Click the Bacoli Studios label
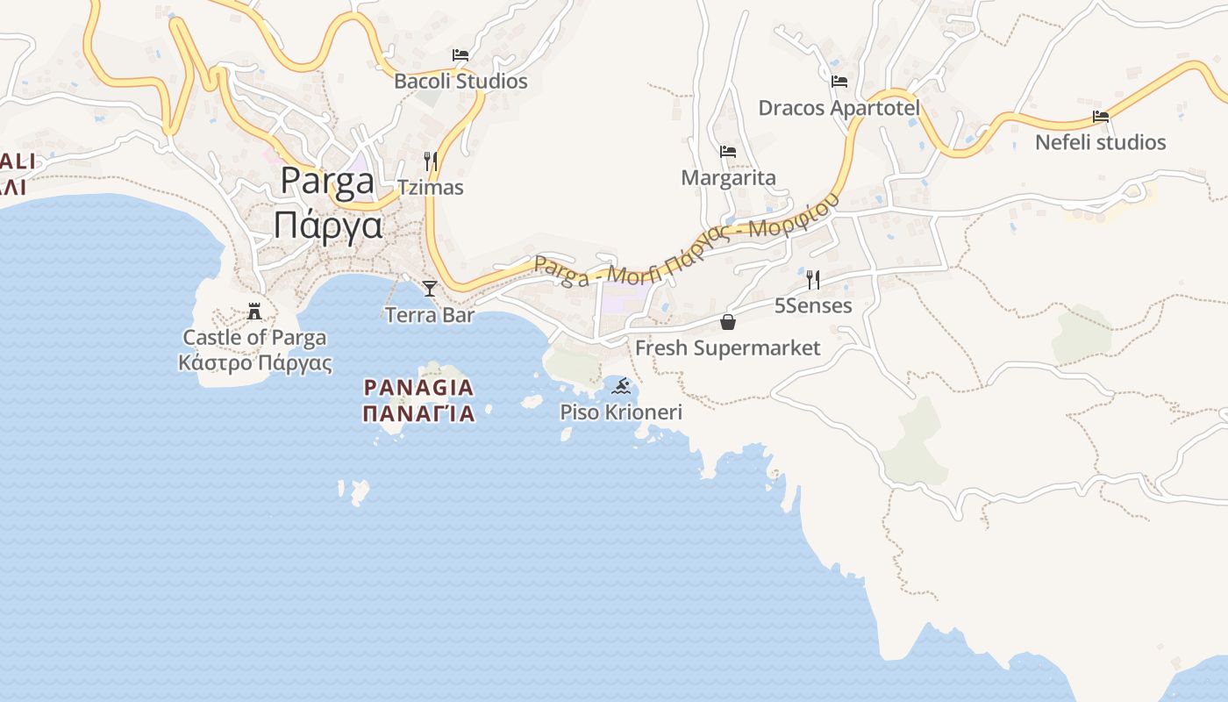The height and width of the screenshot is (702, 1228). click(460, 82)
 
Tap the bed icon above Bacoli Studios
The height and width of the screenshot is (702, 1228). click(460, 55)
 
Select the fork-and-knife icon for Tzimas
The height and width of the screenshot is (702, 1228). click(431, 161)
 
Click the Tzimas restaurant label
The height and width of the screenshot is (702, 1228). click(431, 188)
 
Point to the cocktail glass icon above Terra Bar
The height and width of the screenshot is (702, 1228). click(430, 288)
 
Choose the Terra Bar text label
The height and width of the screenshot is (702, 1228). click(430, 315)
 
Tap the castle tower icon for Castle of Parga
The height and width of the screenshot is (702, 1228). click(254, 312)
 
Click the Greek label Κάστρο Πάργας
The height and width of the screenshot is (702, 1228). click(254, 363)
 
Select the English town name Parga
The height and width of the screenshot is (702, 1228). click(327, 182)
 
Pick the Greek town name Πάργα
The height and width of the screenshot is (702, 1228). click(327, 226)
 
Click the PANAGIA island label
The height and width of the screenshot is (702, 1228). click(418, 387)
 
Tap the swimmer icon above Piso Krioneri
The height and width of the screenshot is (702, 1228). click(621, 386)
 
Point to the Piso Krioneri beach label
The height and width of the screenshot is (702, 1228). click(621, 412)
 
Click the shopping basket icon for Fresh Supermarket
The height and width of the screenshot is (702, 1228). click(728, 322)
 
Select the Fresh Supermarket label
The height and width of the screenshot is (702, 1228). click(728, 348)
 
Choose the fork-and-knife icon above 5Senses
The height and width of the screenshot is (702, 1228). click(813, 280)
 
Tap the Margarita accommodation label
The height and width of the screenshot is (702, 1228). click(728, 178)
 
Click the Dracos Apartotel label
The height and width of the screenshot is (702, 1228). click(839, 108)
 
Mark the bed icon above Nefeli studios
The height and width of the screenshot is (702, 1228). click(1101, 117)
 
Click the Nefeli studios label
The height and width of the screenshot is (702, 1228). click(1101, 142)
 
